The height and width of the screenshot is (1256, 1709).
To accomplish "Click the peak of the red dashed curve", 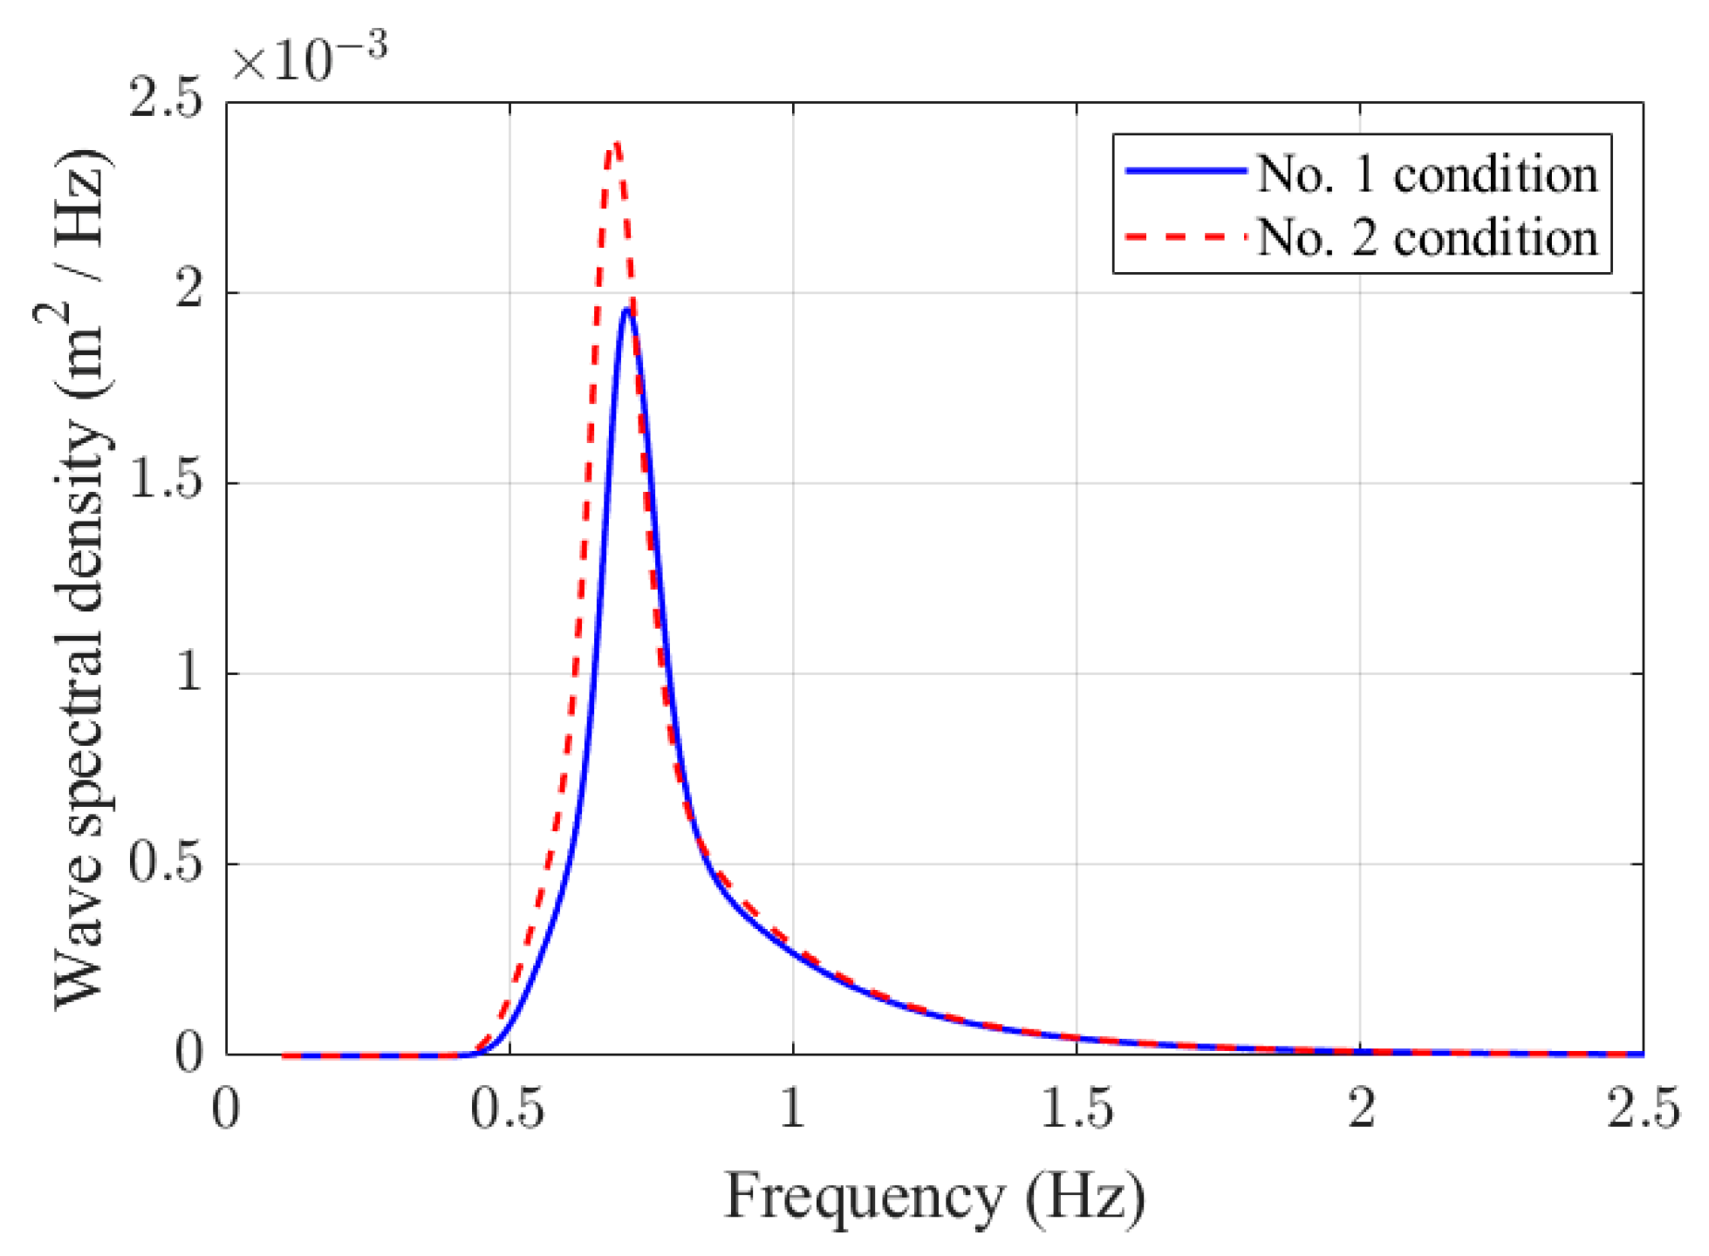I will point(616,143).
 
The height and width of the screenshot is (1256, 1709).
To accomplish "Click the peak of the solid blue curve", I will point(626,310).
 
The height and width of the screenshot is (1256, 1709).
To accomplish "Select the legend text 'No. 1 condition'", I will point(1427,174).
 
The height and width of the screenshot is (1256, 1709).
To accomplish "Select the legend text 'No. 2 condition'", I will point(1427,237).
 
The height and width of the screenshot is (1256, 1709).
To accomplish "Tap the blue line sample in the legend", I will point(1186,171).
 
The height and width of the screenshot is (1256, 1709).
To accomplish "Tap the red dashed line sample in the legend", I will point(1186,235).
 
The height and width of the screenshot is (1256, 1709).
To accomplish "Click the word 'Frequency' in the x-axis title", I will point(864,1197).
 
